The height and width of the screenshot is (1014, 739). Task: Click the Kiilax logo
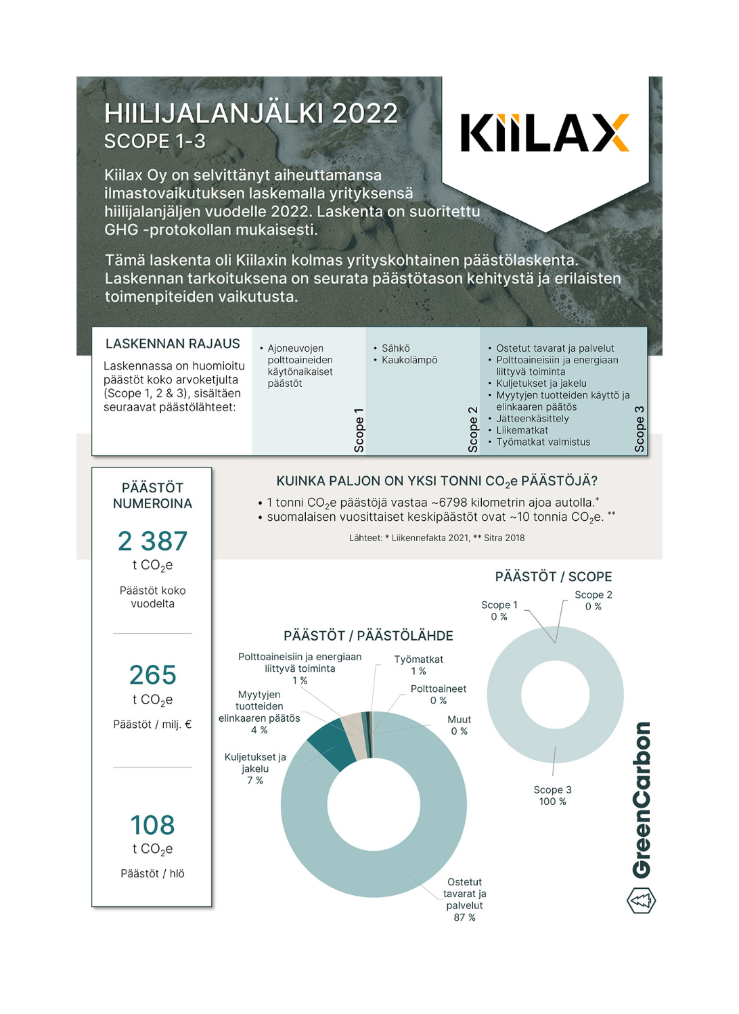click(x=545, y=133)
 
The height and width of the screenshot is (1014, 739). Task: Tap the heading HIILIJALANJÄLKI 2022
click(x=251, y=114)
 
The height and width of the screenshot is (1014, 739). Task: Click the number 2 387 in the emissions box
click(x=152, y=541)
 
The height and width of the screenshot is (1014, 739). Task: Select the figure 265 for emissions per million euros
click(x=152, y=675)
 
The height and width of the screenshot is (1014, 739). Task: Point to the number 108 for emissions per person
click(x=152, y=825)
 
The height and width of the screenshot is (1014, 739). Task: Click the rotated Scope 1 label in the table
click(x=359, y=430)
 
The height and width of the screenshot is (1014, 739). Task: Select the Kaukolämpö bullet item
click(x=409, y=360)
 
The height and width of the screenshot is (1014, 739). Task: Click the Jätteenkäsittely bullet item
click(x=532, y=419)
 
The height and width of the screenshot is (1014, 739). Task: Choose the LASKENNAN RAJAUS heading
click(x=173, y=344)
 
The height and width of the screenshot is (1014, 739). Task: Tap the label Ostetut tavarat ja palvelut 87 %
click(x=464, y=899)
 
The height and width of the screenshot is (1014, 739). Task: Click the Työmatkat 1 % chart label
click(x=419, y=665)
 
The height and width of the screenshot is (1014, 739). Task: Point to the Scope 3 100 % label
click(x=552, y=796)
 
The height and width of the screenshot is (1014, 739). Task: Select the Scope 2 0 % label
click(x=593, y=601)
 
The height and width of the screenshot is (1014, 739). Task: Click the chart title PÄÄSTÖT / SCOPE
click(x=553, y=577)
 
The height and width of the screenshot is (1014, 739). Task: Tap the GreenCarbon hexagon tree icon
click(x=641, y=900)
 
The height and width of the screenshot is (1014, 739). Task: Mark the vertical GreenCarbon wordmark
click(x=642, y=800)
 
